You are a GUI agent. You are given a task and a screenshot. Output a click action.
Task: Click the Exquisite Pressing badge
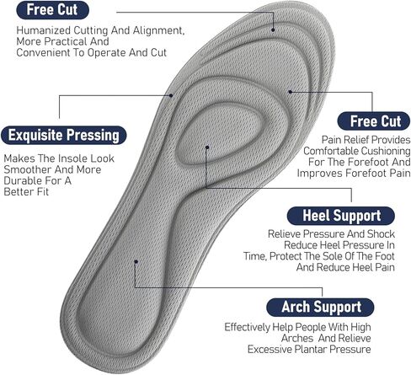click(x=64, y=135)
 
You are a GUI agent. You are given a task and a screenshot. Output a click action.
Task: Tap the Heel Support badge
click(x=341, y=216)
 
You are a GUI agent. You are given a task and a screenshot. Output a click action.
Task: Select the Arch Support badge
click(x=320, y=307)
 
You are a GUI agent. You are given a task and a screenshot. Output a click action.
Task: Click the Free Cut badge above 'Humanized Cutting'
click(x=52, y=10)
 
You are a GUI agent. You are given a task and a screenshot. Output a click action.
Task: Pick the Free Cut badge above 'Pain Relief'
click(x=374, y=121)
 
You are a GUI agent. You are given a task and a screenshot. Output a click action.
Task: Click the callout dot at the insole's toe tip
click(x=273, y=29)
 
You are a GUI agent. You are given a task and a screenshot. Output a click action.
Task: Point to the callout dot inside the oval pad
click(x=207, y=147)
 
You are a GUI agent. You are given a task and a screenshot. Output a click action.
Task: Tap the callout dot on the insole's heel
click(x=136, y=261)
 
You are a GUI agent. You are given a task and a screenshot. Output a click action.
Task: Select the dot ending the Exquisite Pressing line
click(x=171, y=95)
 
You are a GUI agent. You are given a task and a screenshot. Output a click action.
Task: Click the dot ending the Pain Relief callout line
click(x=291, y=92)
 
